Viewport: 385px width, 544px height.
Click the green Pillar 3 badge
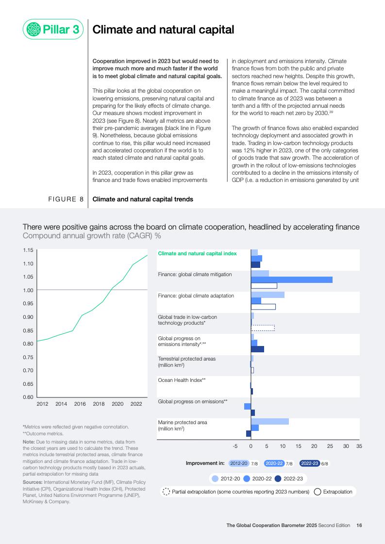[53, 30]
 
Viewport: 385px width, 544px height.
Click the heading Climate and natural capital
[163, 30]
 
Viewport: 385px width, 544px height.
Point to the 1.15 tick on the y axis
[28, 250]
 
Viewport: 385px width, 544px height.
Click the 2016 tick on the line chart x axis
[80, 404]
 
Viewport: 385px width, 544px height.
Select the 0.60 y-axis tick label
[28, 397]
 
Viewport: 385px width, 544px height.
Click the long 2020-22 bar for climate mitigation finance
[291, 280]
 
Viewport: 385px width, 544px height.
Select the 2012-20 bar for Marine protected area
[269, 421]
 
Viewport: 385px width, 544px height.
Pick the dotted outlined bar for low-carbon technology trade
[263, 328]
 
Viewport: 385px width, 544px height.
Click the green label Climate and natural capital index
[197, 253]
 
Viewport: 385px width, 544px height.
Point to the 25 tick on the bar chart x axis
[330, 445]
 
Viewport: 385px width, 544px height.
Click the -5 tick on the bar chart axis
[235, 445]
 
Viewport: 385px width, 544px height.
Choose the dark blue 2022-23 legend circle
[278, 478]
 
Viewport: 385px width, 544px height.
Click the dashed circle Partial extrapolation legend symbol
[166, 492]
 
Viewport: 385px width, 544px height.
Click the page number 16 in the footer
[359, 525]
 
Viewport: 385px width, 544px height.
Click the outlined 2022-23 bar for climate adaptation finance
[263, 307]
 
